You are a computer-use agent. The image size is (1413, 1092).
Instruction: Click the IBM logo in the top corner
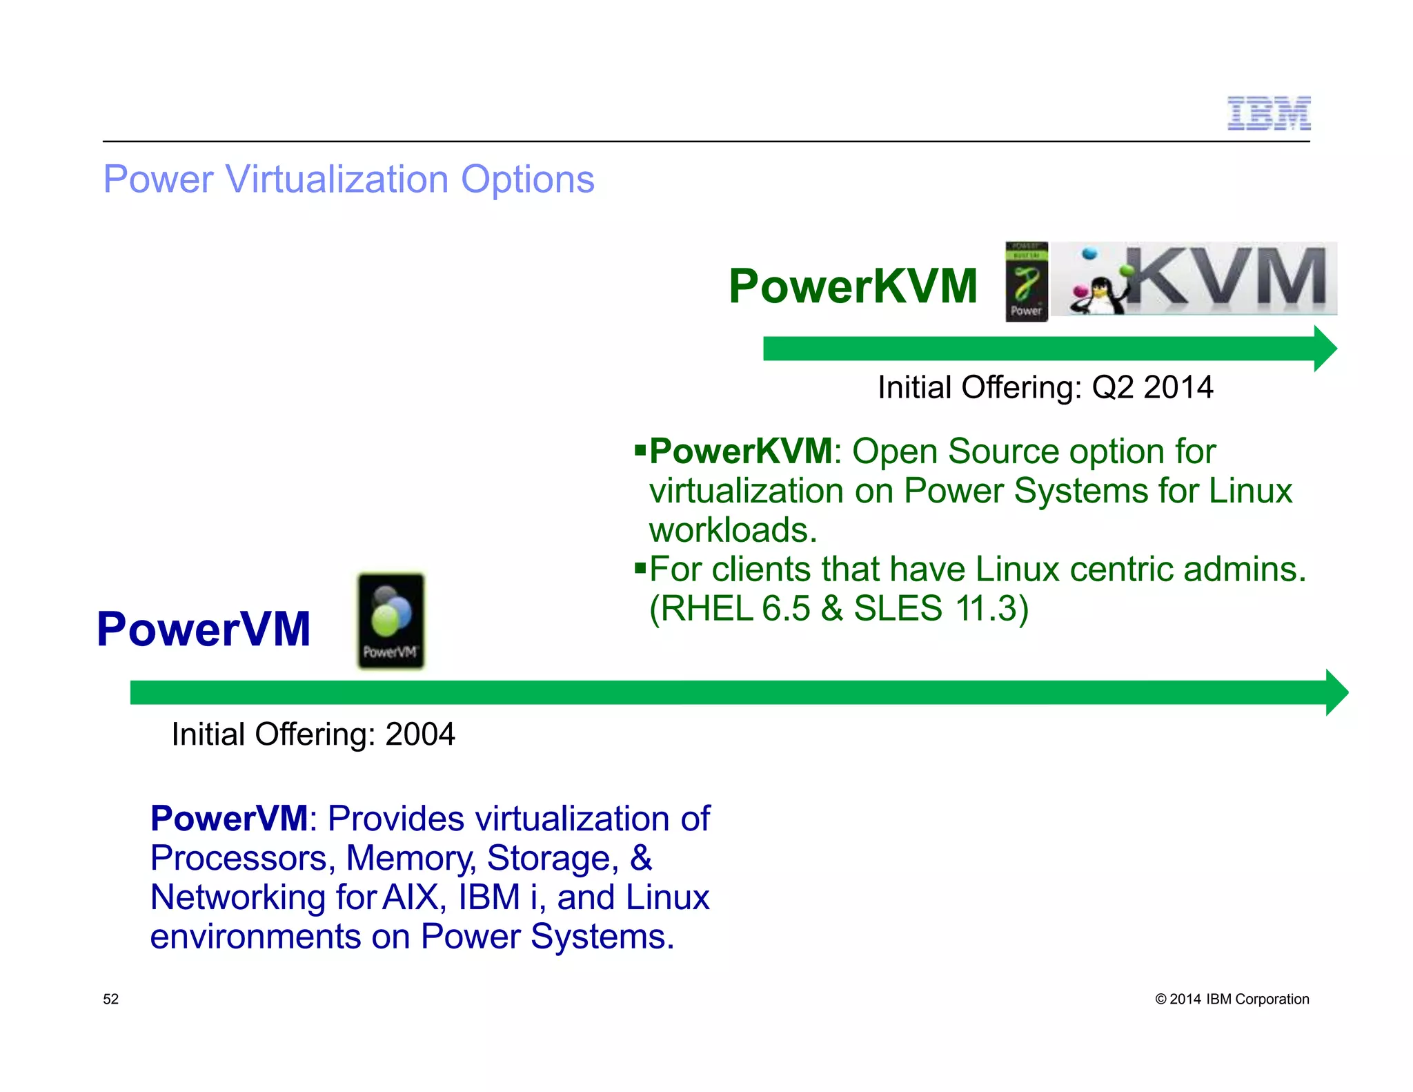point(1268,113)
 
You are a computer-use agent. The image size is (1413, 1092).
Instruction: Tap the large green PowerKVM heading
point(853,286)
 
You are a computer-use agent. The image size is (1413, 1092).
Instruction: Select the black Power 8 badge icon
point(1026,281)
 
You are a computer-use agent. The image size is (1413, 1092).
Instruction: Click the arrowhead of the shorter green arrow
point(1325,349)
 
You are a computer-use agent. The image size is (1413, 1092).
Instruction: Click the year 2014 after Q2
point(1178,387)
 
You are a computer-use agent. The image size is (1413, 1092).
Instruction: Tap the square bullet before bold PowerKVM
point(640,450)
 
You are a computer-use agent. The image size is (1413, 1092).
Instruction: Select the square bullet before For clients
point(640,569)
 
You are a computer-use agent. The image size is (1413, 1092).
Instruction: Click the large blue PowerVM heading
point(204,629)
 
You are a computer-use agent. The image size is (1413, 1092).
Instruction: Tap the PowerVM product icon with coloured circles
point(391,621)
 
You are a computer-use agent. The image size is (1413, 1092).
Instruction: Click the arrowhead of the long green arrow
point(1336,692)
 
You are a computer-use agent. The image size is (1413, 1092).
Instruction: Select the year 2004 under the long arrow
point(419,734)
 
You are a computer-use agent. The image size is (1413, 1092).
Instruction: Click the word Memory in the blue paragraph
point(410,858)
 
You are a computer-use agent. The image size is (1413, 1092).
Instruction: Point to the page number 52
point(110,999)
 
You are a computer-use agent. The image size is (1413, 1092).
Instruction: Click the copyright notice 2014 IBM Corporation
point(1232,999)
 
